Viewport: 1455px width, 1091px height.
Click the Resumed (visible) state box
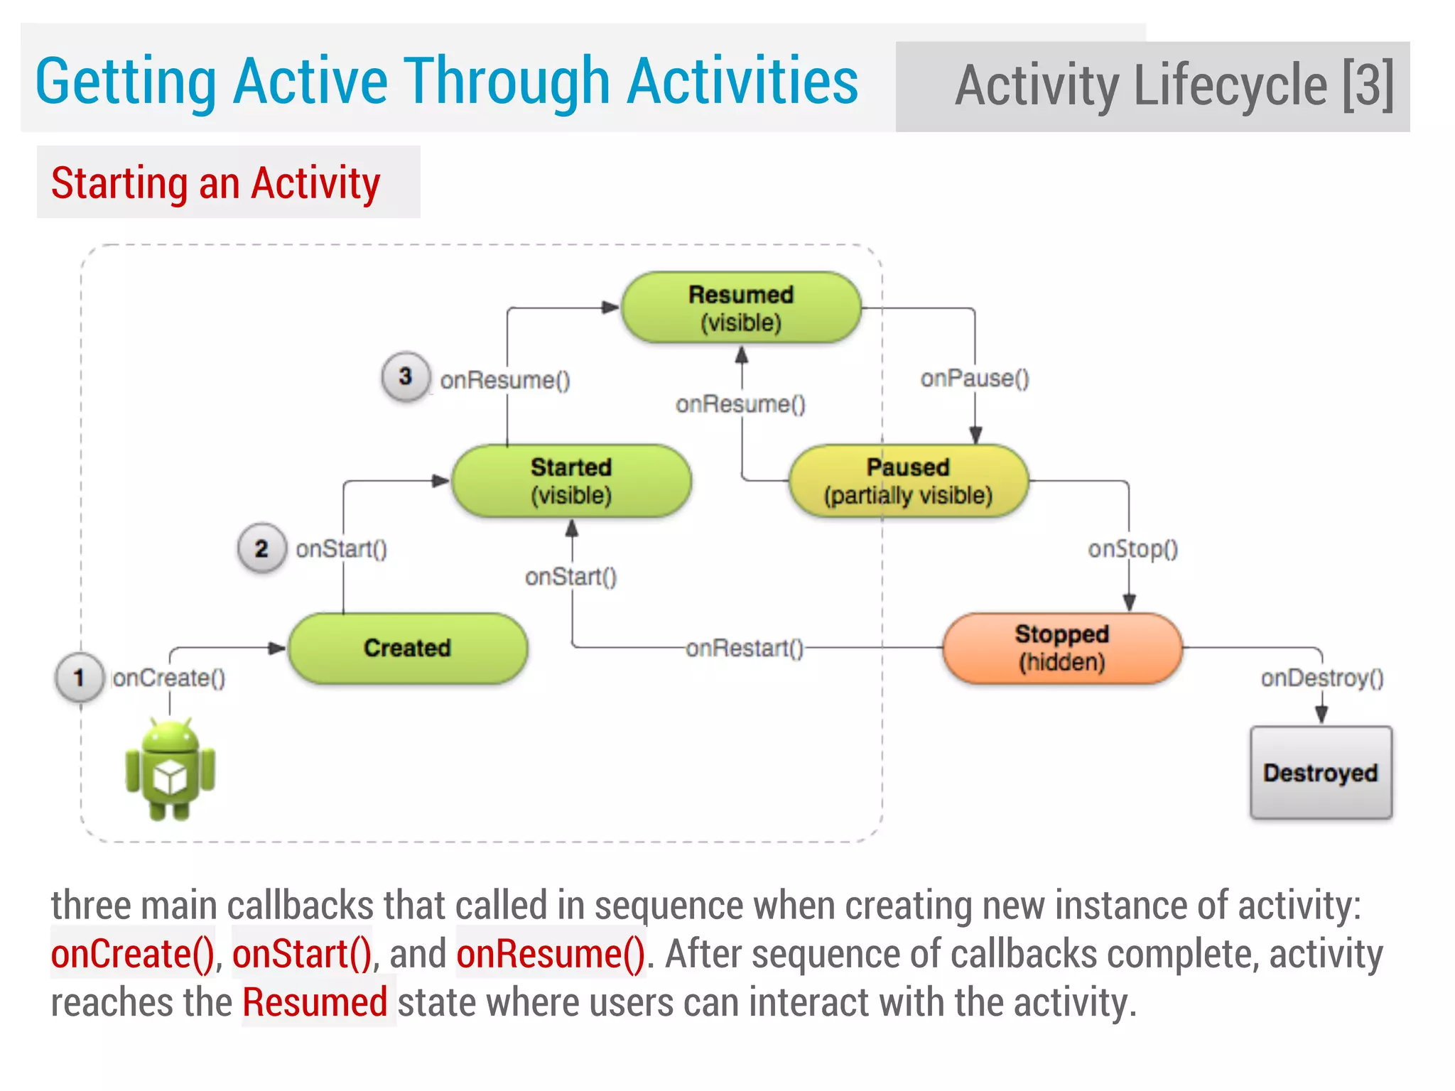click(x=741, y=308)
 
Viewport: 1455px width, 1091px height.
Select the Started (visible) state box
click(x=571, y=481)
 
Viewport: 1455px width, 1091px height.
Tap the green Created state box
click(x=407, y=648)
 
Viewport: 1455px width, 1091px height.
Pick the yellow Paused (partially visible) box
click(x=908, y=481)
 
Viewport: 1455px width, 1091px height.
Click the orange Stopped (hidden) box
click(x=1062, y=648)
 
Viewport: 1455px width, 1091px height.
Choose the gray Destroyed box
click(x=1321, y=772)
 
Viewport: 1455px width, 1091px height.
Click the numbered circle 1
click(x=80, y=678)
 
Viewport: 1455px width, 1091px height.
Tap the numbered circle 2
click(x=261, y=548)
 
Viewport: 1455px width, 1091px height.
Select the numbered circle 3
click(x=405, y=376)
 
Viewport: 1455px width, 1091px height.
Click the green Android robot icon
click(x=171, y=769)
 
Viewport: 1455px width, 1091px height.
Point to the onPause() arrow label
click(x=975, y=378)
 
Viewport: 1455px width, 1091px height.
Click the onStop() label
click(x=1132, y=548)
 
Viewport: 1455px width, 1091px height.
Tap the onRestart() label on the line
click(x=744, y=648)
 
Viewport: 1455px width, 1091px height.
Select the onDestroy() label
click(x=1321, y=678)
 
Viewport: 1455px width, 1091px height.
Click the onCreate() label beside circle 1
click(x=169, y=678)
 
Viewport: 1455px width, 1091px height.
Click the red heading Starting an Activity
click(x=215, y=183)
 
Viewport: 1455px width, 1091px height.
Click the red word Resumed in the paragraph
click(x=315, y=1002)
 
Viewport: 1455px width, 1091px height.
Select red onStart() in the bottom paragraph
click(x=302, y=953)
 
